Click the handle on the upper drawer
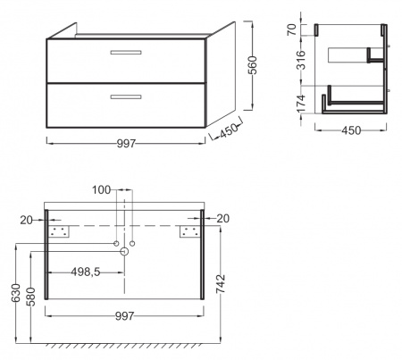coord(126,53)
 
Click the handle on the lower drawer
coord(126,96)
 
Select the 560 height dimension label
coord(252,65)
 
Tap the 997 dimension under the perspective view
coord(126,144)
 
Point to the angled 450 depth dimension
coord(229,131)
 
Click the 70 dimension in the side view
coord(292,29)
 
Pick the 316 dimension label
coord(301,60)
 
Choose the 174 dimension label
coord(301,104)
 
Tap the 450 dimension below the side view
coord(351,130)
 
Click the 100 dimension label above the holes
coord(101,189)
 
